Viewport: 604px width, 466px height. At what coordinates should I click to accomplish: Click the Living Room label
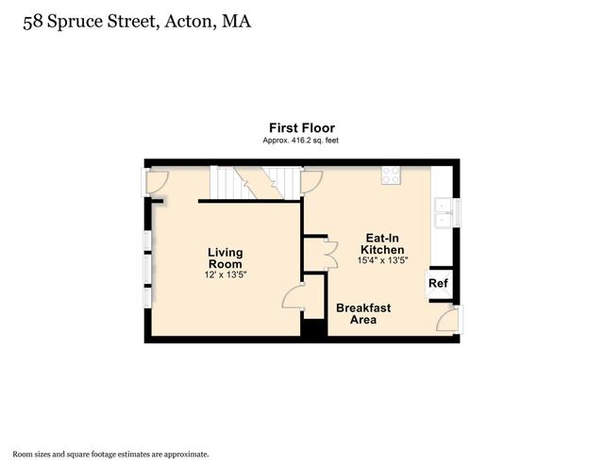coord(226,258)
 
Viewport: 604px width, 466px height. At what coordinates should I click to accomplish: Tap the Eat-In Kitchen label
coord(382,243)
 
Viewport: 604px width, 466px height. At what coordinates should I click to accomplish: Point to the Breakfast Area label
coord(363,313)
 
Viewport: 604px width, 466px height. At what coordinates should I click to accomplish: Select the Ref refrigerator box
coord(439,284)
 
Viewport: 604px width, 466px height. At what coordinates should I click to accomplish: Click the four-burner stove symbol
coord(391,175)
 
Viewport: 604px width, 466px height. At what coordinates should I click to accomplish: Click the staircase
coord(256,183)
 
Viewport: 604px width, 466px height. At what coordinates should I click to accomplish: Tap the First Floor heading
coord(302,128)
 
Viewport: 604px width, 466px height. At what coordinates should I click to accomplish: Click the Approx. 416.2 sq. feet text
coord(300,141)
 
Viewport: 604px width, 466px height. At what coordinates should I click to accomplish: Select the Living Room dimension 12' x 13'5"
coord(226,275)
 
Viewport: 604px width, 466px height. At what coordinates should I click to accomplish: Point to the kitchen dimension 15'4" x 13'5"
coord(382,260)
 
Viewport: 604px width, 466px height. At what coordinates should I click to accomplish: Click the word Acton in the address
coord(189,22)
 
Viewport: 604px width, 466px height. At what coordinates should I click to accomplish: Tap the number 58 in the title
coord(33,22)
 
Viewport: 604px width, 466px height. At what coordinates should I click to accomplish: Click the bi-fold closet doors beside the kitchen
coord(331,254)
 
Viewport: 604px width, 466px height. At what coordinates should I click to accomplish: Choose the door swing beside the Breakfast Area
coord(447,319)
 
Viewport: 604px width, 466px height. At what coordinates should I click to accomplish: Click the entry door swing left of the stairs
coord(158,182)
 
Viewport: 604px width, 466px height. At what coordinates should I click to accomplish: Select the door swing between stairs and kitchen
coord(311,182)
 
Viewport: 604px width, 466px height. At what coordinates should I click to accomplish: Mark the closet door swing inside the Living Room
coord(293,296)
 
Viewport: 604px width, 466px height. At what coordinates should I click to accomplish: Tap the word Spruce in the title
coord(75,22)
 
